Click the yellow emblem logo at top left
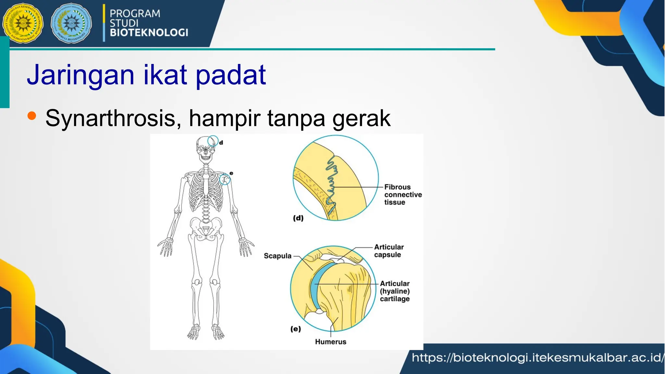pos(22,24)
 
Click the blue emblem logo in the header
pos(71,24)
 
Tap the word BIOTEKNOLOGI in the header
pos(149,32)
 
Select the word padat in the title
pos(231,75)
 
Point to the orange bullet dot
pos(31,116)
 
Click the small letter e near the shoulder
pos(231,173)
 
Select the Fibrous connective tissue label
pos(403,194)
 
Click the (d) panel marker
pos(298,218)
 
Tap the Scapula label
pos(278,256)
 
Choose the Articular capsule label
pos(389,251)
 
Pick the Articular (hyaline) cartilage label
pos(395,291)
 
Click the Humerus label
pos(331,342)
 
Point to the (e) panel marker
pos(295,329)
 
